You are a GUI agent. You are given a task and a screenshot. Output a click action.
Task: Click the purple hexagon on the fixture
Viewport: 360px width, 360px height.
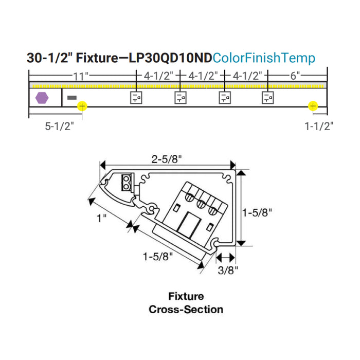coord(42,98)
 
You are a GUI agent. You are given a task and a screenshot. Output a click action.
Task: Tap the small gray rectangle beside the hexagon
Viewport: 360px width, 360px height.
coord(72,98)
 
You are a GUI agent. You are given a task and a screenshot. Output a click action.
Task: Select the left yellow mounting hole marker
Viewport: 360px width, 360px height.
coord(82,106)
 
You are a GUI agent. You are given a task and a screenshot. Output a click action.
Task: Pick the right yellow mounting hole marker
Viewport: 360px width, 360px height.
coord(313,106)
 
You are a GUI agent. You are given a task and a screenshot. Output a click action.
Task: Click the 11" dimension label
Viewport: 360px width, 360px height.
coord(81,77)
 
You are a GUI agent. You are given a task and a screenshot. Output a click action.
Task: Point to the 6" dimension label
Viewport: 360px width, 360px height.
coord(295,76)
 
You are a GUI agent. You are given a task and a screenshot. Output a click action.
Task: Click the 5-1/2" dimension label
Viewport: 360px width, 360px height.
coord(60,127)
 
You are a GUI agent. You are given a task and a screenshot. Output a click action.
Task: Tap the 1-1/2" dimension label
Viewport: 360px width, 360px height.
coord(319,127)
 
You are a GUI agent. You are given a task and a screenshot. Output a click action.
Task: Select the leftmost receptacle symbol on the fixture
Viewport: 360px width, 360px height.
coord(136,98)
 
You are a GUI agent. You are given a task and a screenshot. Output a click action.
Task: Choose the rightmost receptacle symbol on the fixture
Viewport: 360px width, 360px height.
coord(268,98)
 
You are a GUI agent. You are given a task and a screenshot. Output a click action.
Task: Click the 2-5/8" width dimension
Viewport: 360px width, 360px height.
coord(167,159)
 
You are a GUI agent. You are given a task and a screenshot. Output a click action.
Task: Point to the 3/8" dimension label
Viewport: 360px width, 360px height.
coord(228,270)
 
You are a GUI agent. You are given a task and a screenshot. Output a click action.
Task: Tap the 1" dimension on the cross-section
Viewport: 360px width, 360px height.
coord(101,218)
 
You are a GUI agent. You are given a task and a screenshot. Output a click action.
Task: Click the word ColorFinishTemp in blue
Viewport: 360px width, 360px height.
coord(263,58)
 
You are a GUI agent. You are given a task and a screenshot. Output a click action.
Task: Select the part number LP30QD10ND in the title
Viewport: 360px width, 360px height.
coord(170,58)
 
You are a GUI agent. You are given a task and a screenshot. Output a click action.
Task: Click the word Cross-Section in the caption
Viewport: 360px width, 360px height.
coord(186,309)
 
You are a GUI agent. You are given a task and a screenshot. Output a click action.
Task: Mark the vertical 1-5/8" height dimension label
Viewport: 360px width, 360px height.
coord(257,212)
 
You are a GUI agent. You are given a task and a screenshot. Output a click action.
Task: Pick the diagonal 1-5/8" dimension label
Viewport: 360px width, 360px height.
coord(157,257)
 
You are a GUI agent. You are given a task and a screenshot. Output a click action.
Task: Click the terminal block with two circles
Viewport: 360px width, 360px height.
coord(127,182)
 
